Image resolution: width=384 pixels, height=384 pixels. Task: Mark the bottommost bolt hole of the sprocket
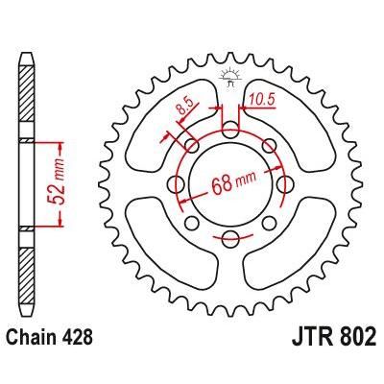tap(231, 237)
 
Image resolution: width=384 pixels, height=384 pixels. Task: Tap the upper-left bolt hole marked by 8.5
tap(194, 146)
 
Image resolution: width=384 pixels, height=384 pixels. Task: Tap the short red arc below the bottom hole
tap(231, 252)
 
